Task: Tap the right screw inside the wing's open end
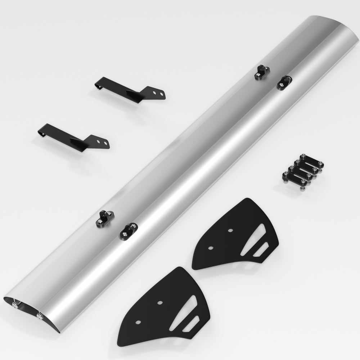coord(39,316)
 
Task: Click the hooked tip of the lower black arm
coord(40,133)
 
